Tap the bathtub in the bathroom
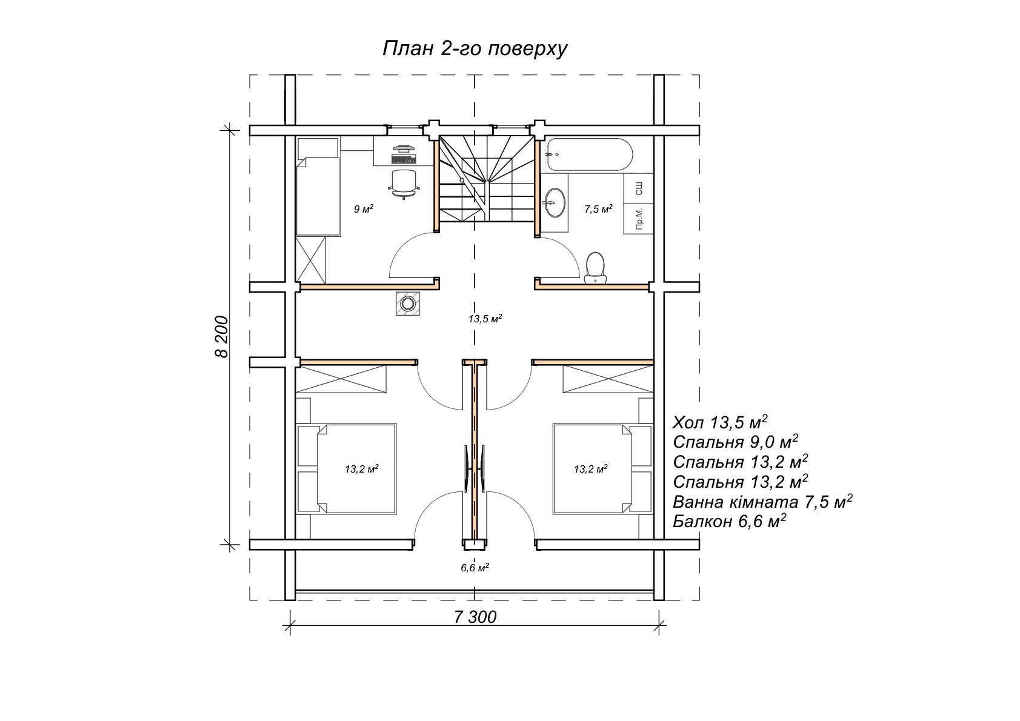(x=590, y=154)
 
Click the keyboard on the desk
(x=404, y=159)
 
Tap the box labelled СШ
(x=638, y=188)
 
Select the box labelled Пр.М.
(x=638, y=219)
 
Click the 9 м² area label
(x=364, y=209)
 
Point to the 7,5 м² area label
(x=598, y=209)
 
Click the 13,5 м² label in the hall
(x=485, y=319)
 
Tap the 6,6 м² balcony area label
(x=475, y=567)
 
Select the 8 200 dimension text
(x=222, y=336)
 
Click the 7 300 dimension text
(x=475, y=617)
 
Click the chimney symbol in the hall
(x=407, y=303)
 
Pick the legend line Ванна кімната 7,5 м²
(x=762, y=501)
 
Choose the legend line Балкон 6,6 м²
(x=729, y=520)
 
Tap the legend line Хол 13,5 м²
(x=720, y=422)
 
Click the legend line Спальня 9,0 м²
(x=735, y=442)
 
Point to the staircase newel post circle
(x=462, y=181)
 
